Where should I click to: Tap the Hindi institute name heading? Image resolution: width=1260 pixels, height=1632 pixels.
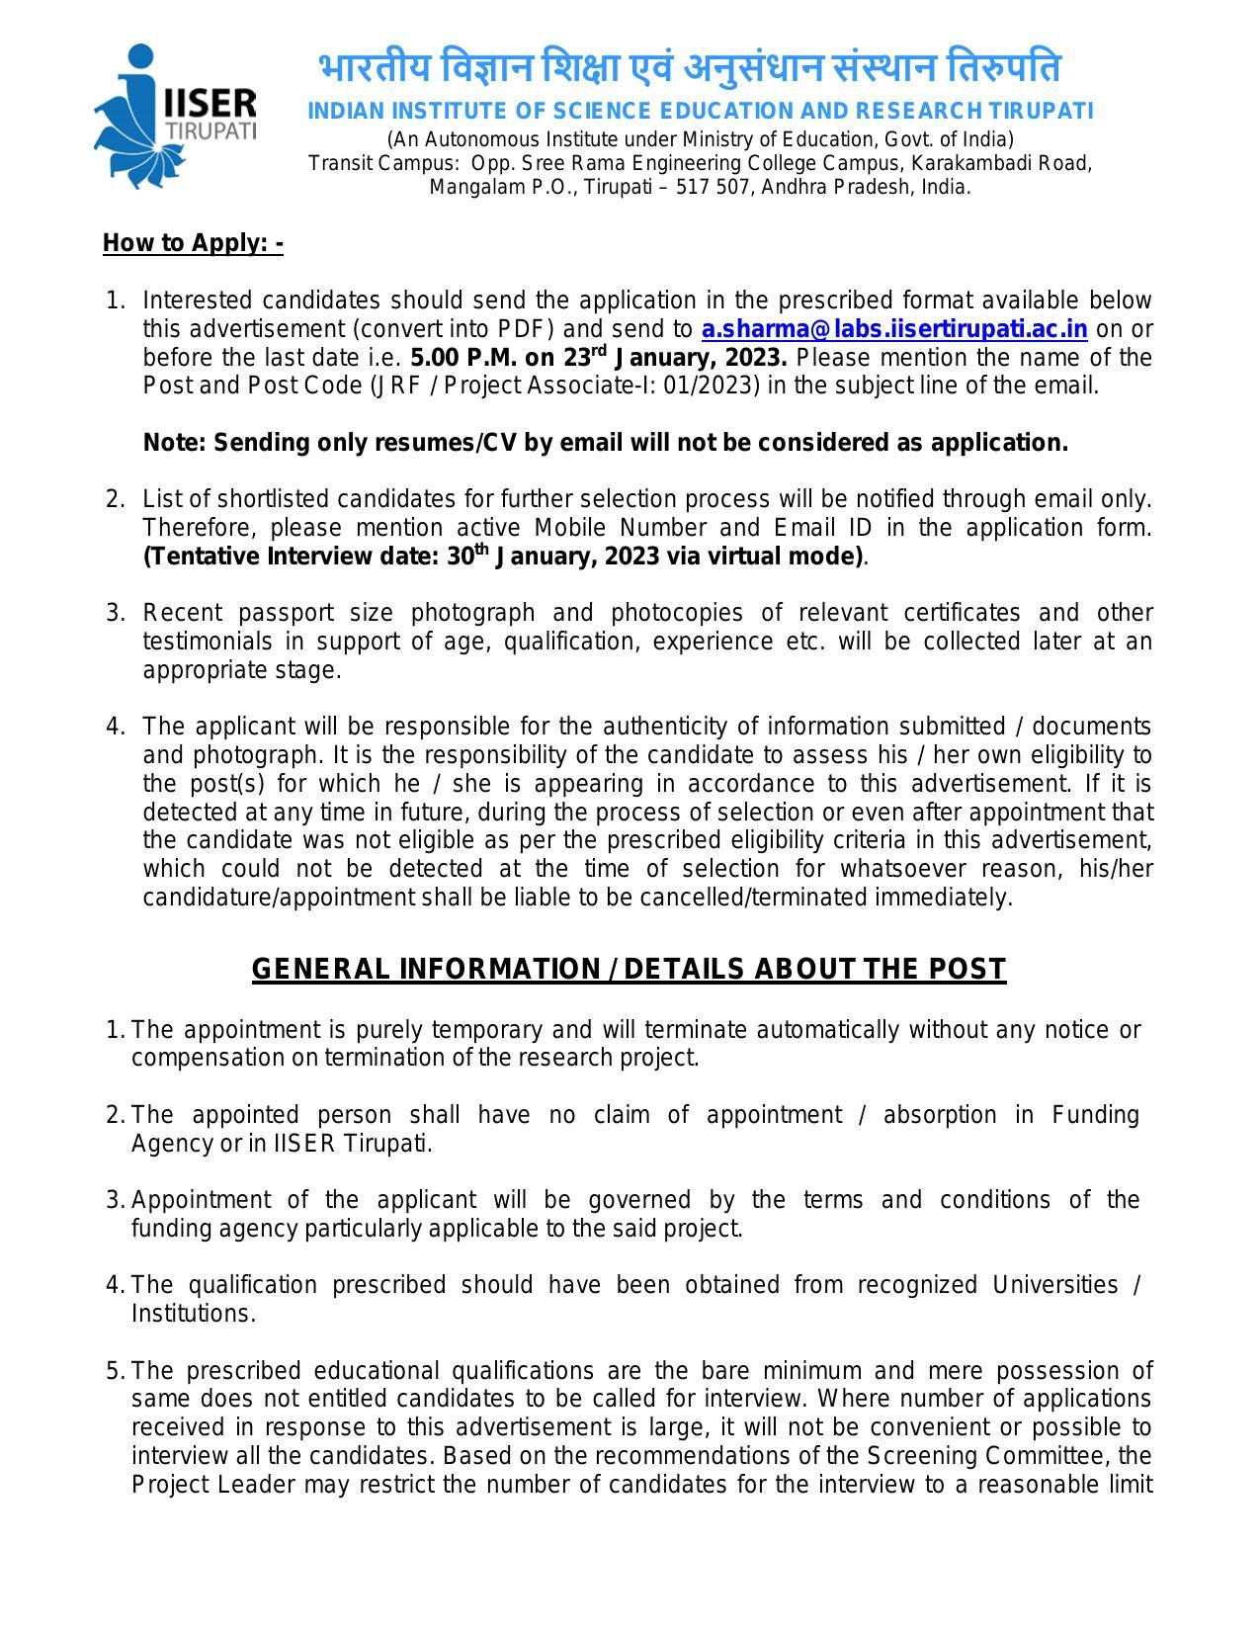[690, 69]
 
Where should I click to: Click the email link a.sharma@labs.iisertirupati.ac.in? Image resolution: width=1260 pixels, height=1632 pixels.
[894, 329]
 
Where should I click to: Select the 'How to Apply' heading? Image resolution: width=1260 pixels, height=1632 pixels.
[193, 243]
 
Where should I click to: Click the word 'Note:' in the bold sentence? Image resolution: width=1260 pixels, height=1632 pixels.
[175, 443]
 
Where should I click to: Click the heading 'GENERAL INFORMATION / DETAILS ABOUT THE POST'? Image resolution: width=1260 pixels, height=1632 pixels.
[629, 969]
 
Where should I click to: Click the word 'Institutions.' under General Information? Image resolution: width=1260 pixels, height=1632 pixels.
[194, 1315]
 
